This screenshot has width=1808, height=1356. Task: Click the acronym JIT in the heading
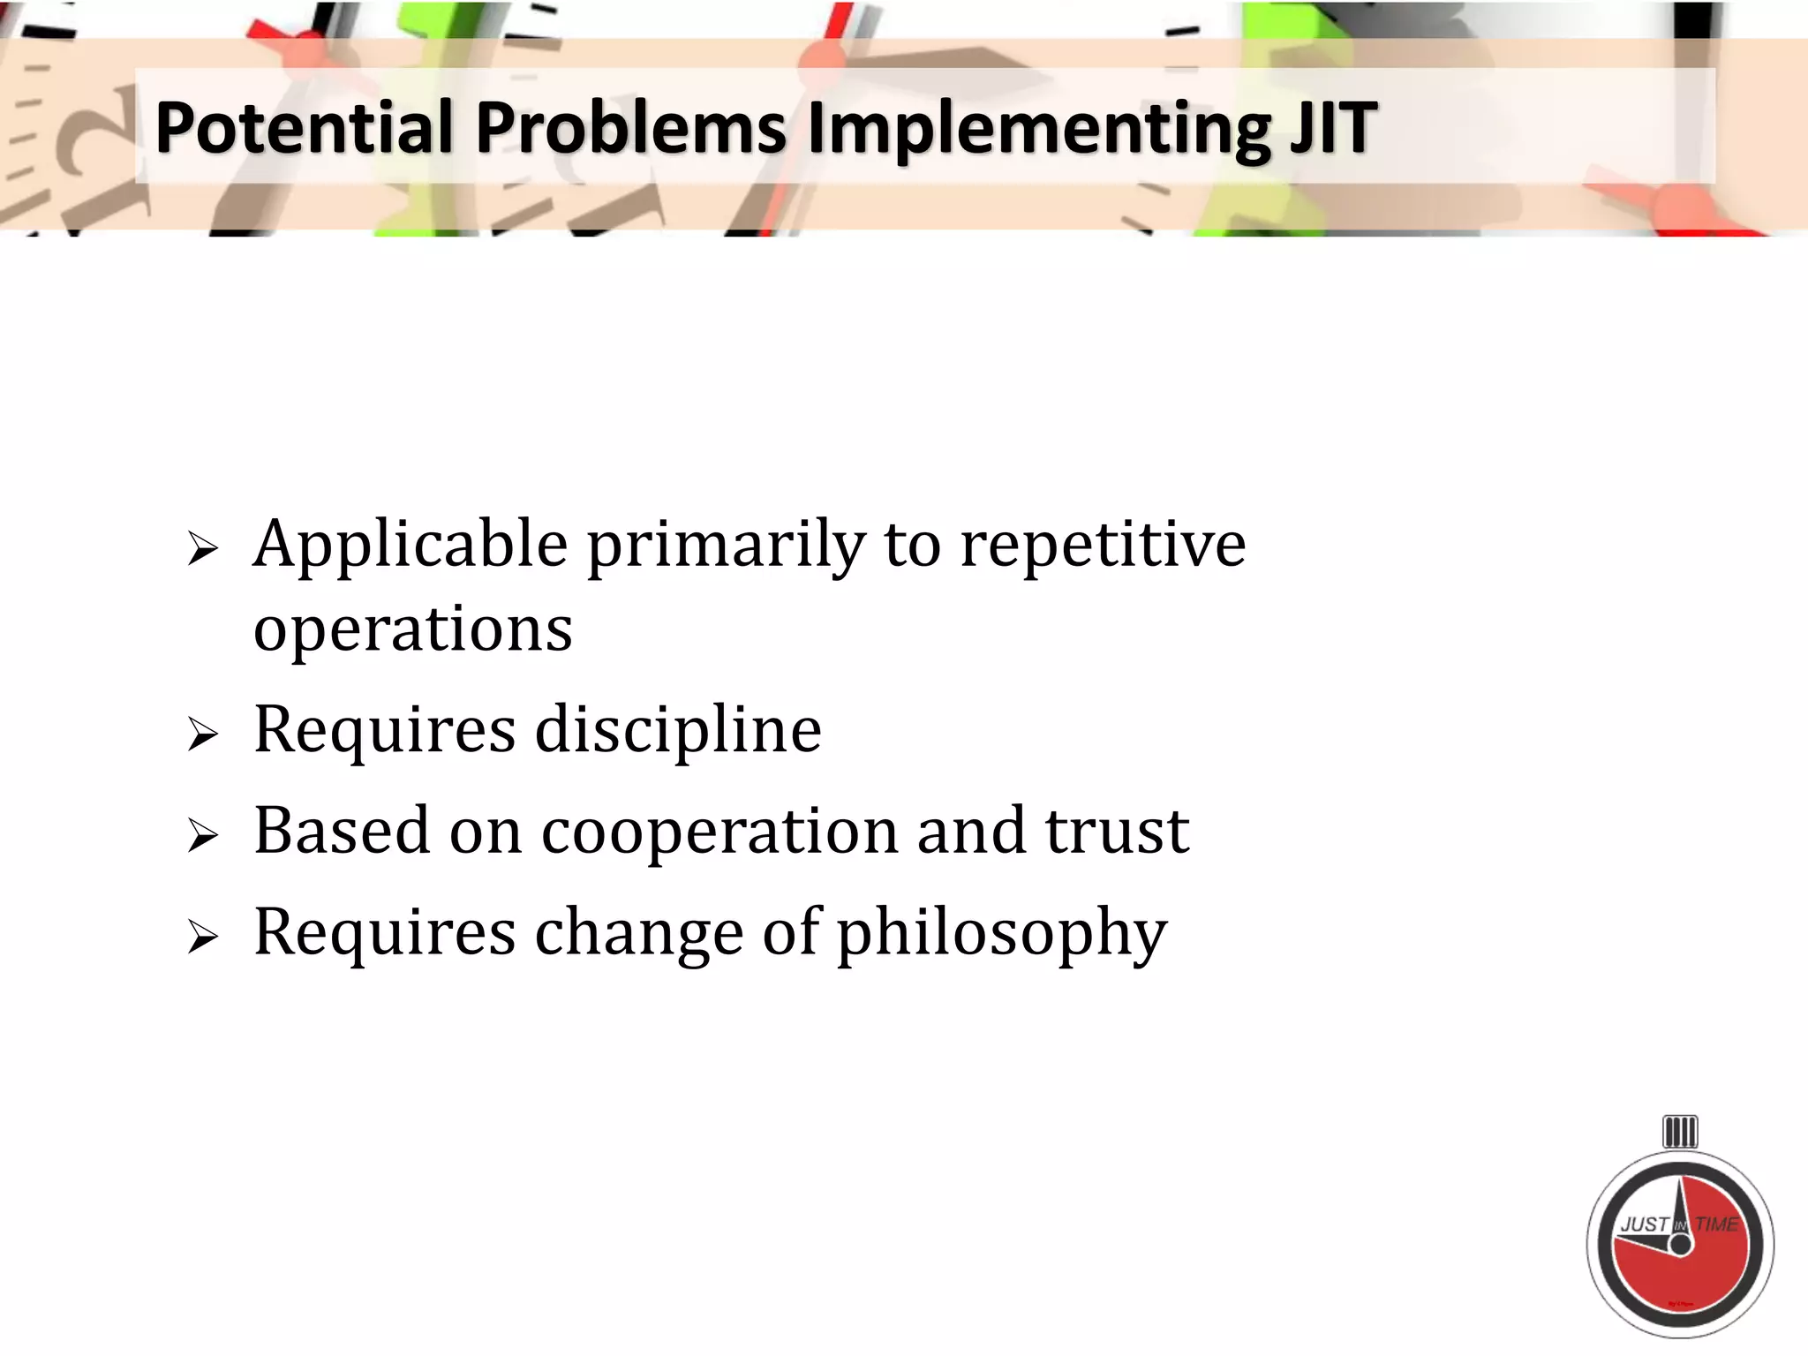pos(1332,128)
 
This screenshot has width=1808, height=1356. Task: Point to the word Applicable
pos(411,546)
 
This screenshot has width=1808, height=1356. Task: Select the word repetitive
pos(1103,546)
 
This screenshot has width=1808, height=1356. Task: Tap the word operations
pos(413,630)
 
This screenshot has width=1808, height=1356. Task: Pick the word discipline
pos(678,731)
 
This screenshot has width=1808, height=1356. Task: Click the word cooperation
pos(719,832)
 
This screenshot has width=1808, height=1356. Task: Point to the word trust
pos(1118,832)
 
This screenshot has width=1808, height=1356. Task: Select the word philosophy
pos(1001,934)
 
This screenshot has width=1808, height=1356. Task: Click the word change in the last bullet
pos(639,932)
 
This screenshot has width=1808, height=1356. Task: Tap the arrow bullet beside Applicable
pos(202,550)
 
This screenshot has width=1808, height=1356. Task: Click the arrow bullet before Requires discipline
pos(202,734)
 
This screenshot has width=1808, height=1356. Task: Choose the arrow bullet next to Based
pos(202,835)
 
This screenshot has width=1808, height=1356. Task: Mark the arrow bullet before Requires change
pos(202,937)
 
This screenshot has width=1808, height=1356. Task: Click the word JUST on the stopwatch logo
pos(1645,1224)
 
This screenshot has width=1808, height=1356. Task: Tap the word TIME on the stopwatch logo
pos(1717,1224)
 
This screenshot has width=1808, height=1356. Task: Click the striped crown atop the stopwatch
pos(1680,1132)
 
